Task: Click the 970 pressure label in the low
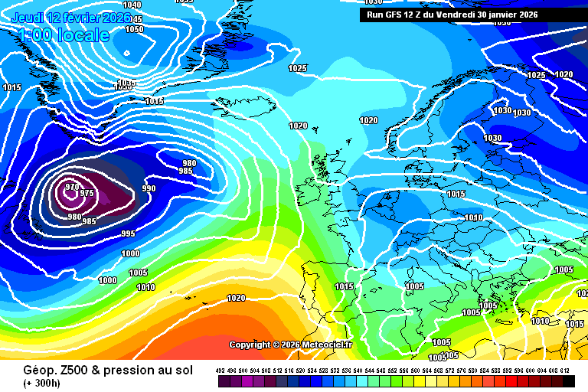click(72, 187)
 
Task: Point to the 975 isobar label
click(87, 194)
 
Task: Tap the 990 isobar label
click(149, 188)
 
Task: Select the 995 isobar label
click(128, 234)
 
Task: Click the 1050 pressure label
click(134, 29)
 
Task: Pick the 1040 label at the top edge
click(132, 5)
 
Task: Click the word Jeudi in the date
click(28, 17)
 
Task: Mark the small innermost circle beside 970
click(73, 195)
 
